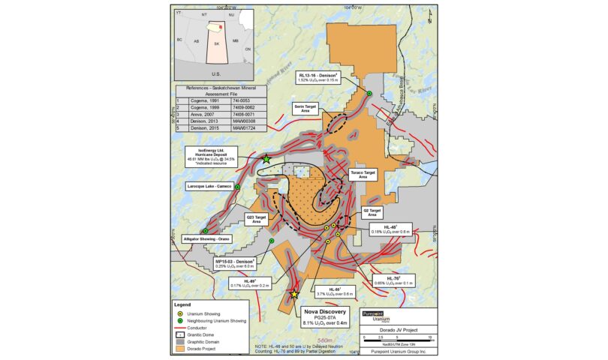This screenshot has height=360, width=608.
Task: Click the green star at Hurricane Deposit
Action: [266, 159]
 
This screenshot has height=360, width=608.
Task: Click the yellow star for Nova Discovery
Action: [294, 295]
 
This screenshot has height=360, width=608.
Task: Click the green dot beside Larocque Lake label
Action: [238, 187]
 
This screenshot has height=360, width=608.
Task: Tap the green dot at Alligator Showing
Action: [205, 231]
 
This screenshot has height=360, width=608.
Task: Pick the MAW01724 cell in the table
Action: [245, 128]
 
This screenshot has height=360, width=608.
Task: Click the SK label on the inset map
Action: [217, 43]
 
